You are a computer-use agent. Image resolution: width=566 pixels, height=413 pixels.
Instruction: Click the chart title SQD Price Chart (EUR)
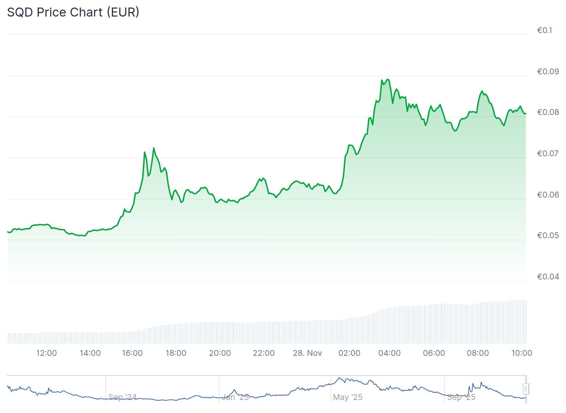pos(73,12)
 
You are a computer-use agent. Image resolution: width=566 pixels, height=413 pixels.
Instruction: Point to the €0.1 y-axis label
pos(544,30)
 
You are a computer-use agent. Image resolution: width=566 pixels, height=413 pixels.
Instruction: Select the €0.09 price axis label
pos(548,72)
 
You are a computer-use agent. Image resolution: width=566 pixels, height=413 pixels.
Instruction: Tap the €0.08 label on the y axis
pos(548,112)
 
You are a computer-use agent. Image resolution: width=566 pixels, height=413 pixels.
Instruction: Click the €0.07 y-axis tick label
pos(548,153)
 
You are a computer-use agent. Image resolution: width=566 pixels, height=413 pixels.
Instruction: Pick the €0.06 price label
pos(548,195)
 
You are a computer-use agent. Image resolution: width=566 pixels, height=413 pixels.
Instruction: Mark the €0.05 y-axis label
pos(548,235)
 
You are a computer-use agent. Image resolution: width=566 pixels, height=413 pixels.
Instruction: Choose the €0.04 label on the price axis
pos(548,276)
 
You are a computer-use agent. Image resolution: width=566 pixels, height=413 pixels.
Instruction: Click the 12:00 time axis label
pos(46,353)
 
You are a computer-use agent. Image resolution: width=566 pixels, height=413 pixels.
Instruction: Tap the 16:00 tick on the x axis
pos(132,353)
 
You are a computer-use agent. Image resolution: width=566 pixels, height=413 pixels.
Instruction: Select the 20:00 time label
pos(220,353)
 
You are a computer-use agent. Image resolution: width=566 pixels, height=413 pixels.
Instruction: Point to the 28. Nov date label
pos(307,353)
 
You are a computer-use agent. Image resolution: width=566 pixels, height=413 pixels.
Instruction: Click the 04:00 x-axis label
pos(389,353)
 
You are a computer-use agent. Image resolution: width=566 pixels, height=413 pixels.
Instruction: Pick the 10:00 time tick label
pos(522,353)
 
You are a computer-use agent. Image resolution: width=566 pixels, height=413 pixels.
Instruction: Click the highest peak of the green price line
pos(388,80)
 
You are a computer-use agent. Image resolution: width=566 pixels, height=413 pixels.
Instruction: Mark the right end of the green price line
pos(525,114)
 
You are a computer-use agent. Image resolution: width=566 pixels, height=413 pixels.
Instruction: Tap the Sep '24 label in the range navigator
pos(123,397)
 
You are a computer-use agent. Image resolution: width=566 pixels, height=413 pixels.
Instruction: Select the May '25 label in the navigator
pos(348,397)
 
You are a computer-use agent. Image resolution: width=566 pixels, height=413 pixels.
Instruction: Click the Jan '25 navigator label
pos(235,397)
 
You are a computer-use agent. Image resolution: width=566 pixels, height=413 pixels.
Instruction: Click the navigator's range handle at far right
pos(526,389)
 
